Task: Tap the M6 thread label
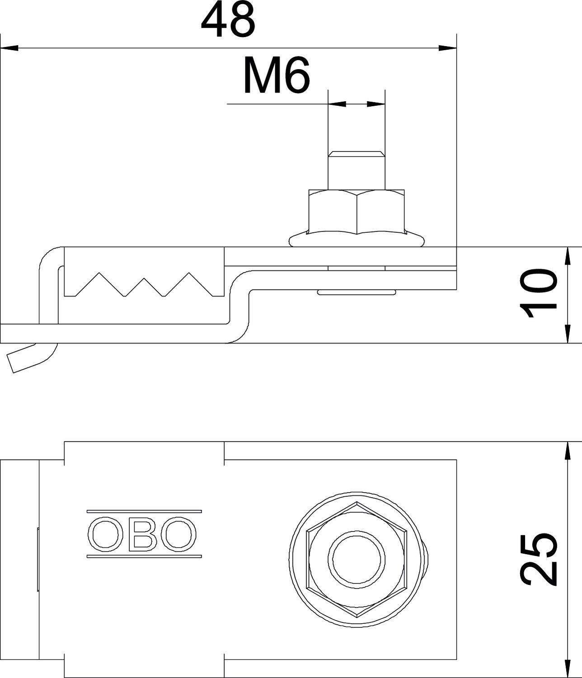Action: point(276,75)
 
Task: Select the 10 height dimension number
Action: point(538,293)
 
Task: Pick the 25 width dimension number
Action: point(538,559)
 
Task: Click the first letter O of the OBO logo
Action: point(105,534)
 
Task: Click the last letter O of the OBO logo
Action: point(179,534)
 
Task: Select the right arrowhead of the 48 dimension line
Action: point(448,47)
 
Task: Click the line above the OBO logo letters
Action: point(144,512)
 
